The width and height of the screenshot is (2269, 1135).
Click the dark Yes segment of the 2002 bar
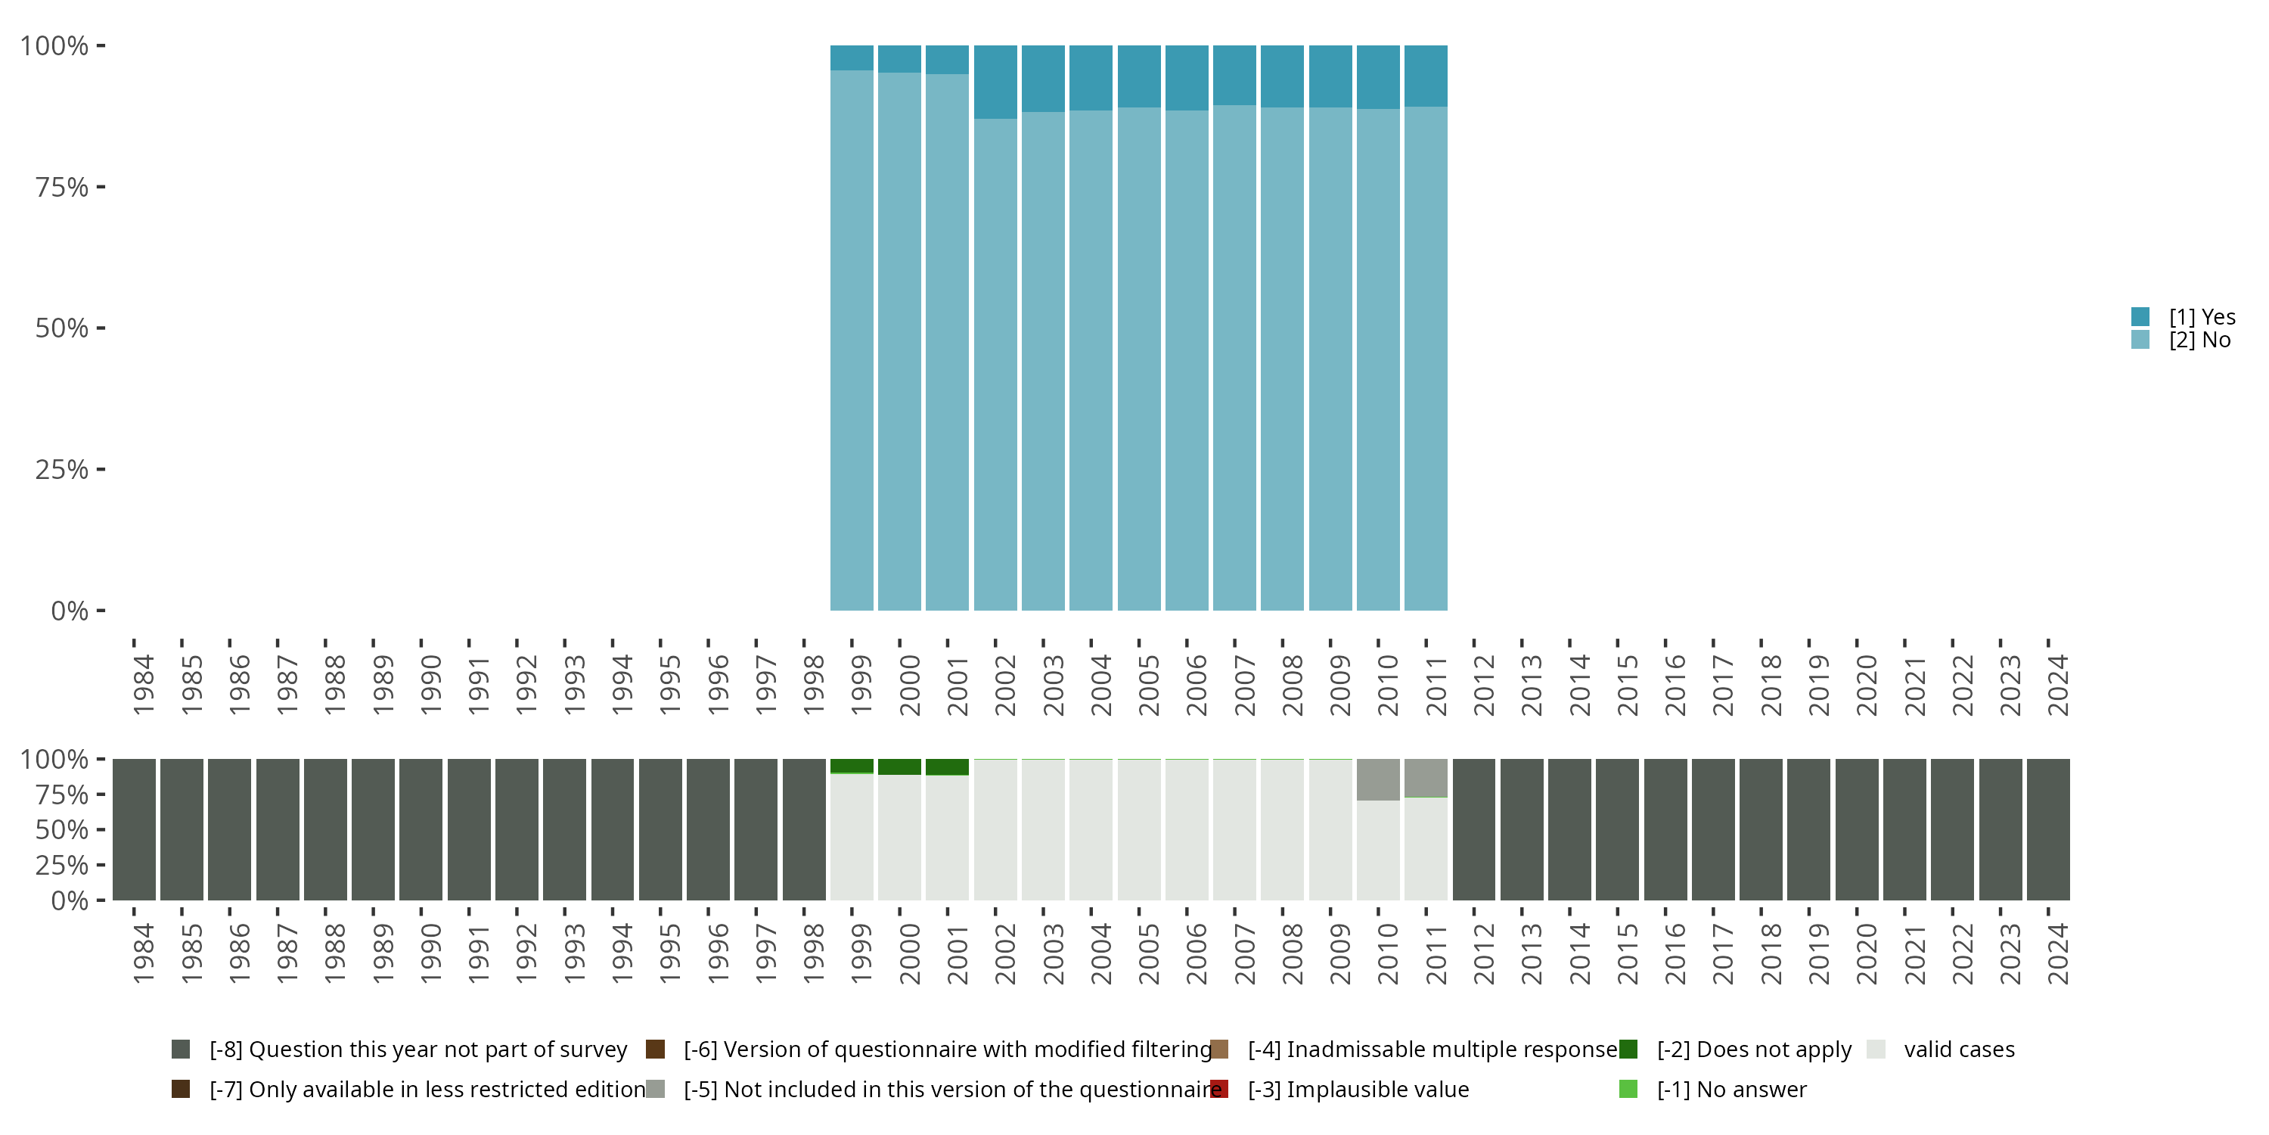coord(995,81)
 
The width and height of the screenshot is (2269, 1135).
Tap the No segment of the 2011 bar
coord(1425,358)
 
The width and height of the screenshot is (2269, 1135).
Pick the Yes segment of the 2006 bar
coord(1187,77)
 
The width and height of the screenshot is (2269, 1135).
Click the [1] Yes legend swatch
coord(2140,316)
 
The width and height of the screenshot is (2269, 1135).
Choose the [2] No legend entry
coord(2199,340)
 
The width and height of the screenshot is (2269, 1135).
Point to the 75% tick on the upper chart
coord(100,187)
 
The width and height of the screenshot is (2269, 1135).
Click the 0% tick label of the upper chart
coord(70,611)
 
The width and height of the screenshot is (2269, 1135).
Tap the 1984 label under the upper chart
coord(144,685)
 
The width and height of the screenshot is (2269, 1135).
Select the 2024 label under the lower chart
coord(2056,953)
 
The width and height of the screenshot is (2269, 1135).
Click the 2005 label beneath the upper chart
coord(1149,685)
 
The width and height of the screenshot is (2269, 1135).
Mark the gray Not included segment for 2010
coord(1377,779)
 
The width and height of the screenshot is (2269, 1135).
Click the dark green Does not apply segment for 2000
coord(899,767)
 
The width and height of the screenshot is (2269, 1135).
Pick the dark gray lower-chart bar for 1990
coord(421,829)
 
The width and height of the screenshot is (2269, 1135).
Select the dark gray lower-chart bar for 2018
coord(1760,829)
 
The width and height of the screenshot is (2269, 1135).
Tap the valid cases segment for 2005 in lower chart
coord(1139,829)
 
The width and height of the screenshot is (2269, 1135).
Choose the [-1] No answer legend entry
coord(1730,1089)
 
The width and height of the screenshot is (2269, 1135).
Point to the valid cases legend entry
coord(1958,1049)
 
